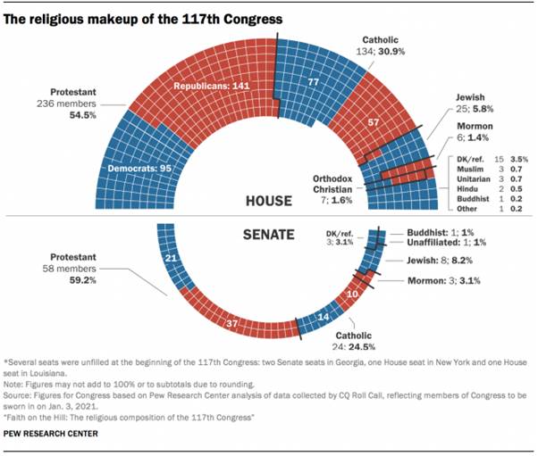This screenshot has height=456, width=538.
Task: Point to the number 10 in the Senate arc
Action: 352,291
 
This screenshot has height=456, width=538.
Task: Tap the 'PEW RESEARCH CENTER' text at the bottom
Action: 55,435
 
